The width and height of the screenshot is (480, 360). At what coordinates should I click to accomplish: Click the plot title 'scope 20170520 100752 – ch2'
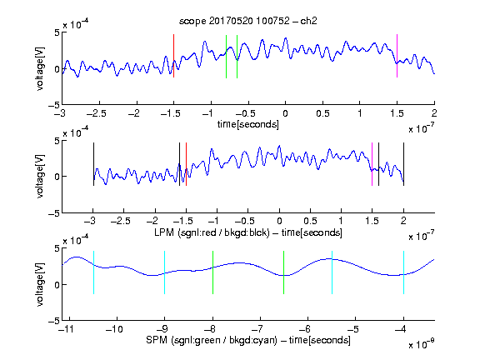[x=248, y=21]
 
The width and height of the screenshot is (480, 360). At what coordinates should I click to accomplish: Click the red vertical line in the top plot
[x=174, y=56]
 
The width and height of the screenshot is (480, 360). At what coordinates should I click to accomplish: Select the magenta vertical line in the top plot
[x=397, y=56]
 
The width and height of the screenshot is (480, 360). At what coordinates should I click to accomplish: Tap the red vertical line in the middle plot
[x=186, y=164]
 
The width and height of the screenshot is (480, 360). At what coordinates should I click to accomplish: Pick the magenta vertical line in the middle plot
[x=372, y=164]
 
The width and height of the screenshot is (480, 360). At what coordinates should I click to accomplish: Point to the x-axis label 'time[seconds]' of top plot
[x=248, y=124]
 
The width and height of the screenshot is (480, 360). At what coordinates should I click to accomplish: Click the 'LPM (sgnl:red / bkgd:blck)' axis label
[x=212, y=232]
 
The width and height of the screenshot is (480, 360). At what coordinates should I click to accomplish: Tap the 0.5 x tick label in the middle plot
[x=310, y=221]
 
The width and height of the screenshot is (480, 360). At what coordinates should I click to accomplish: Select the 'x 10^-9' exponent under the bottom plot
[x=422, y=343]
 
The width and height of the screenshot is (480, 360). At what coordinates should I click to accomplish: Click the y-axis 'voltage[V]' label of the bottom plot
[x=40, y=284]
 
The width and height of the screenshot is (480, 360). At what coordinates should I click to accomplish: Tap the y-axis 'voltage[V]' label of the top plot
[x=40, y=68]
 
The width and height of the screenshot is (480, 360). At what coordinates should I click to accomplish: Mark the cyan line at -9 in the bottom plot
[x=165, y=272]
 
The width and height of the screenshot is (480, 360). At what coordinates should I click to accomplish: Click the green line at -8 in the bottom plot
[x=212, y=272]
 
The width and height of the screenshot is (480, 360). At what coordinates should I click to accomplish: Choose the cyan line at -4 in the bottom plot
[x=404, y=272]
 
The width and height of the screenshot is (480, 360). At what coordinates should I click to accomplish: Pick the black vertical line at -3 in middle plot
[x=93, y=164]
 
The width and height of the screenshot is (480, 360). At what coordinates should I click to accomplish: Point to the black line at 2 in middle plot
[x=404, y=164]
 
